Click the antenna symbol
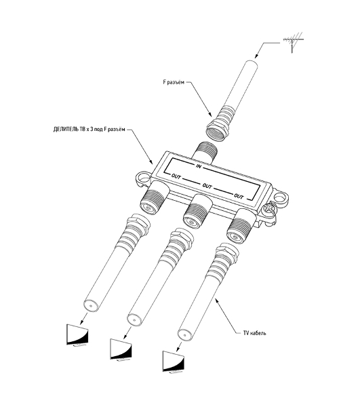pos(293,41)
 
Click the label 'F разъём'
pos(174,82)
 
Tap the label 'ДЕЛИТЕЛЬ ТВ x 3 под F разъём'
pos(89,130)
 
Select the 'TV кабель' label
pos(254,333)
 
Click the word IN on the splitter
pos(199,166)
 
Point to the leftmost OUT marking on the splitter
pos(176,176)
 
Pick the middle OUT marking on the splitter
pos(207,186)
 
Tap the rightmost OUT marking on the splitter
pos(239,196)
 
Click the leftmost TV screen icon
pos(77,335)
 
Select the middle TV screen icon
pos(121,350)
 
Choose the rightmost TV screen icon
pos(174,362)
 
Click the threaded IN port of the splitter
pos(204,153)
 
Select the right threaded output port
pos(240,227)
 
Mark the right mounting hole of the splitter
pos(279,199)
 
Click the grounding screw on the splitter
pos(268,209)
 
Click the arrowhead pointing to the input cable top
pos(256,56)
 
